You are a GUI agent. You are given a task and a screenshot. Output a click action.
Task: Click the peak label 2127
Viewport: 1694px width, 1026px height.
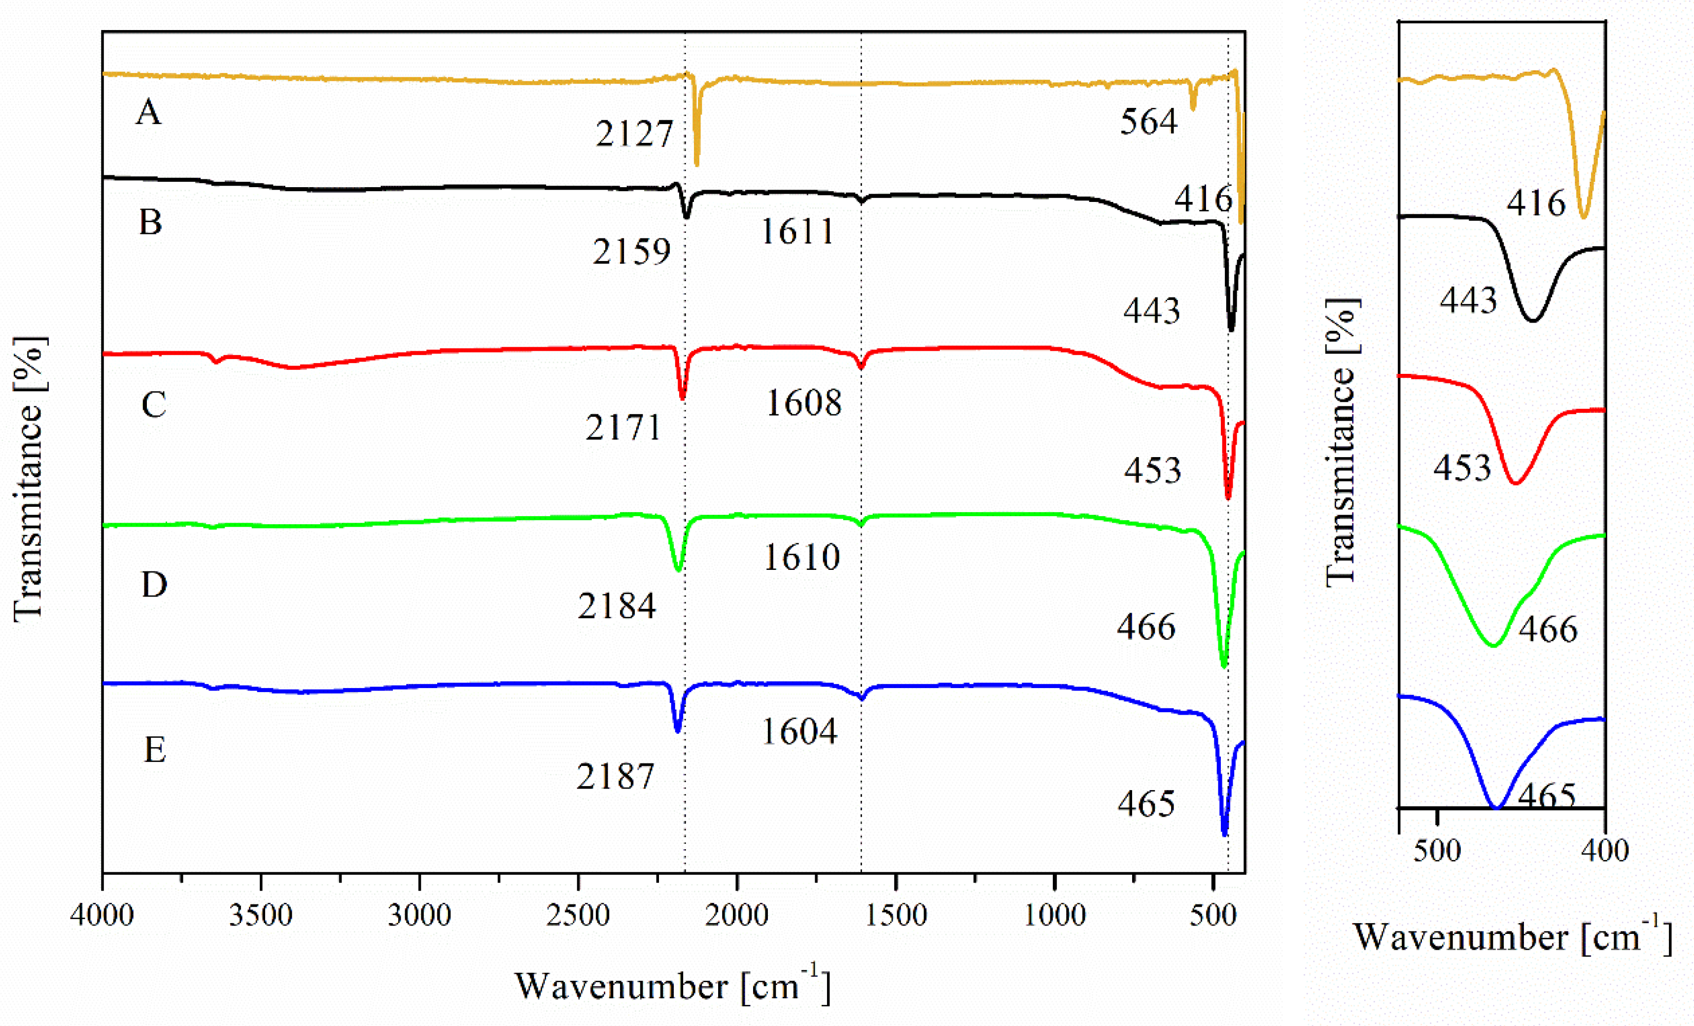634,133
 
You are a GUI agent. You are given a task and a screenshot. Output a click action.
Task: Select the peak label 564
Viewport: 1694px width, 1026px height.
1149,122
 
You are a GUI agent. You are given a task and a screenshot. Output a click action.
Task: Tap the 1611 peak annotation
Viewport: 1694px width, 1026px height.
797,232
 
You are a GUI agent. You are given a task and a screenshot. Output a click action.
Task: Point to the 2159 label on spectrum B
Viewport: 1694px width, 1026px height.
631,252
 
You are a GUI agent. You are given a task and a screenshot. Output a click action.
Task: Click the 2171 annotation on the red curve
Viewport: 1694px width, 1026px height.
623,428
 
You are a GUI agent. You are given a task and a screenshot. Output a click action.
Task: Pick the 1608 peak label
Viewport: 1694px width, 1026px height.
803,403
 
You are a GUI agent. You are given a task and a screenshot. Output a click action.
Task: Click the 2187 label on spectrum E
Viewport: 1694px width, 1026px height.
615,777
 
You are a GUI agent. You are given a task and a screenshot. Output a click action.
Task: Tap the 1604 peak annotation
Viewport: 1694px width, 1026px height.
799,731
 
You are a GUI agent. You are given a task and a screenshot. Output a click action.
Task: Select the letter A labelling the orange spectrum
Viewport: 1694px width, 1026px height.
148,112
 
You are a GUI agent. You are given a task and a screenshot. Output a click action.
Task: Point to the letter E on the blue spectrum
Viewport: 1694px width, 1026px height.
154,749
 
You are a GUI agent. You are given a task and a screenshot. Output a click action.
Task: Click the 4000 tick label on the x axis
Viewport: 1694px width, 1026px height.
102,915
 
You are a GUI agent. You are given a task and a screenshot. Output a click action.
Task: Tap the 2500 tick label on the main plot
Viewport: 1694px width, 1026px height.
578,915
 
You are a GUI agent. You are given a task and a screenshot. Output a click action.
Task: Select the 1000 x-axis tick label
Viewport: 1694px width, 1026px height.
1055,915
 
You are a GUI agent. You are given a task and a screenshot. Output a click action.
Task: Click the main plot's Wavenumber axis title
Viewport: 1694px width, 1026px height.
672,986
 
